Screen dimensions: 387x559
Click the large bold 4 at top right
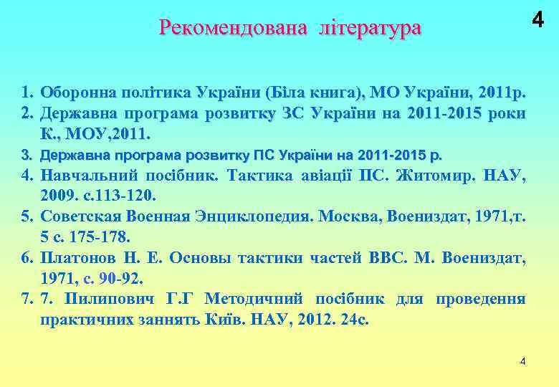[x=537, y=21]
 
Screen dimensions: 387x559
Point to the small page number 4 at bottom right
[x=522, y=360]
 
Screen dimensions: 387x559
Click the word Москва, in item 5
[x=348, y=215]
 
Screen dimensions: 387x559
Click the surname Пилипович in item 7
[x=103, y=298]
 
